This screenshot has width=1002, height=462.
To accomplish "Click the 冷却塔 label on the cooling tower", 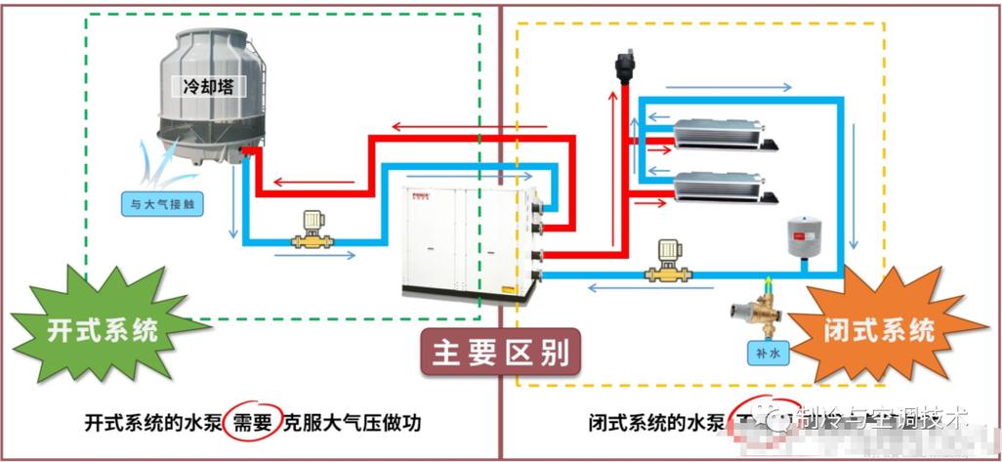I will pos(208,86).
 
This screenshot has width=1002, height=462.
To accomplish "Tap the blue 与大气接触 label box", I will pos(162,204).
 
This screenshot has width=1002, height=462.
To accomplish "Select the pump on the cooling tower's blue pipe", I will pos(314,232).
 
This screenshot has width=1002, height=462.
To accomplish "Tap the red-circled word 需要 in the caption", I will pos(251,422).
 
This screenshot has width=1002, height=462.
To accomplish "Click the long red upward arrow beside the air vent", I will pos(611,166).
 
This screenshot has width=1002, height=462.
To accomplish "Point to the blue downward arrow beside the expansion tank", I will pos(855,186).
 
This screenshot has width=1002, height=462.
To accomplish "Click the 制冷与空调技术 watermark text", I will pos(879,418).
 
